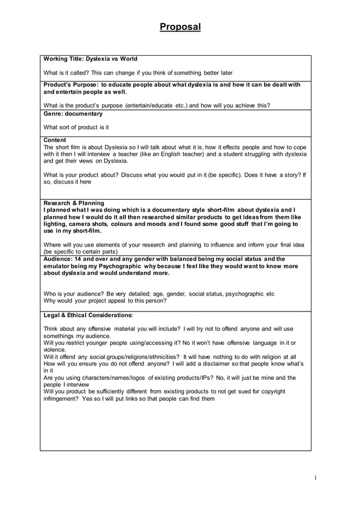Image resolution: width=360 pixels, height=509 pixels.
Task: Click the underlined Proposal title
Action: (179, 27)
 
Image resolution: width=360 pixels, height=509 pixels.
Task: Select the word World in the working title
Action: (128, 59)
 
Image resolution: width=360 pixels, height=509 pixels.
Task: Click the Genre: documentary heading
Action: (73, 114)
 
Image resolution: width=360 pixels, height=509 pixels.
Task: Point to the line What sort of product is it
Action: (76, 128)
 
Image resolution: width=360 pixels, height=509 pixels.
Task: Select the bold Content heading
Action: (55, 140)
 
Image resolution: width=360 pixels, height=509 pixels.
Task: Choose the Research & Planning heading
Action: (73, 203)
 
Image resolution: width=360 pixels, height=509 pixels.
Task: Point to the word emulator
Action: (59, 266)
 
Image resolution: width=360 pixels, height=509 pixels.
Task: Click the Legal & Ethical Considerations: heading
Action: (87, 315)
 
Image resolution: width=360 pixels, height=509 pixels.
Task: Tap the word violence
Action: (55, 349)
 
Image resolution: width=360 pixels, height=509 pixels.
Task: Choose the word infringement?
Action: (63, 398)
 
